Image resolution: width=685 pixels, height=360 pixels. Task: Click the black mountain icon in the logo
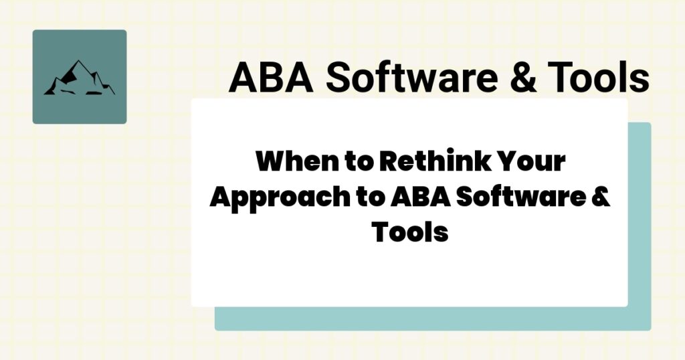[x=79, y=78]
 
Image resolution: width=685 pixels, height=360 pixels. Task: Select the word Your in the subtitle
[x=533, y=163]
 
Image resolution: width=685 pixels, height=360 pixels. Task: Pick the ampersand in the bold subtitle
[x=601, y=199]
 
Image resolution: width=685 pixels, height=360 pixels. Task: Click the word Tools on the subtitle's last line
[x=409, y=233]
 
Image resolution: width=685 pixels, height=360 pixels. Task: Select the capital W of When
[x=269, y=163]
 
